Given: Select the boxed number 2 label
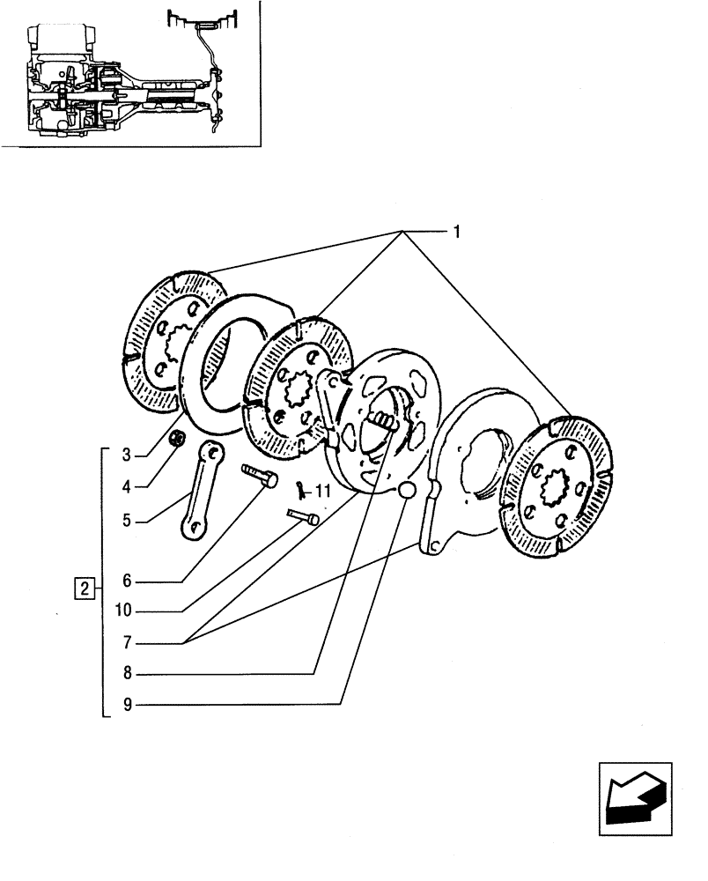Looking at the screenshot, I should (x=84, y=587).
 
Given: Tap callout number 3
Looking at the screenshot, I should (x=127, y=455).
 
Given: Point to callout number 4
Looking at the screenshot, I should (x=127, y=485).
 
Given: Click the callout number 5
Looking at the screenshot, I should (x=127, y=520).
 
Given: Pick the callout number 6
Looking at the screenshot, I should (x=127, y=581).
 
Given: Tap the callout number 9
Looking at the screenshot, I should (x=127, y=705).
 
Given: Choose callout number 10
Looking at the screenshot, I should (x=124, y=611).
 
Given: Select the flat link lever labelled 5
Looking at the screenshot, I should (x=202, y=489).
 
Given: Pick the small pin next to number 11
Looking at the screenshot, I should (x=301, y=516).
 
